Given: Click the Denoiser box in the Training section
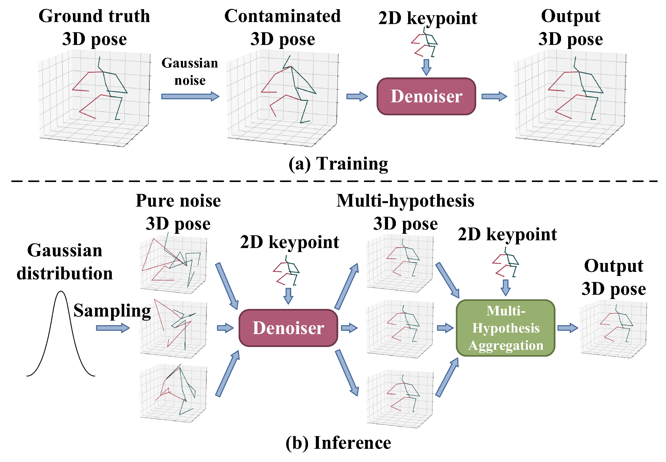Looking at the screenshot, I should pos(426,96).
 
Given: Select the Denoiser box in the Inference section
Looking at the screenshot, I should pos(288,328).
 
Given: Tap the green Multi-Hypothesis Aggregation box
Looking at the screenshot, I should pos(505,328).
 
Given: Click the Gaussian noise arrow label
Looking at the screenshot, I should pos(190,71).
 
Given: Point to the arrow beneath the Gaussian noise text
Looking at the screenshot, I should pos(190,96).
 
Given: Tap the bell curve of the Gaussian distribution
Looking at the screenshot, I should pos(61,333).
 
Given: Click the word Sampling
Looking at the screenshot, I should pos(112,311).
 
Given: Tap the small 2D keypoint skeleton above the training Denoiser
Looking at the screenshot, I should pos(424,43).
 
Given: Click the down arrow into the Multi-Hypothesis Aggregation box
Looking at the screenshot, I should pos(505,287).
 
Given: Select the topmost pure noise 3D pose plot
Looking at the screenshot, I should pos(173,264).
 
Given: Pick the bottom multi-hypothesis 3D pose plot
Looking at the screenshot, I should pos(400,400).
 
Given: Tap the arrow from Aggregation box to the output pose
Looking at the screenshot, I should pos(567,328).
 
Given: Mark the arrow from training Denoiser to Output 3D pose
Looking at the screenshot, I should pos(494,96).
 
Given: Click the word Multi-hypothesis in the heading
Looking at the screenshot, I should pos(405,201).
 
